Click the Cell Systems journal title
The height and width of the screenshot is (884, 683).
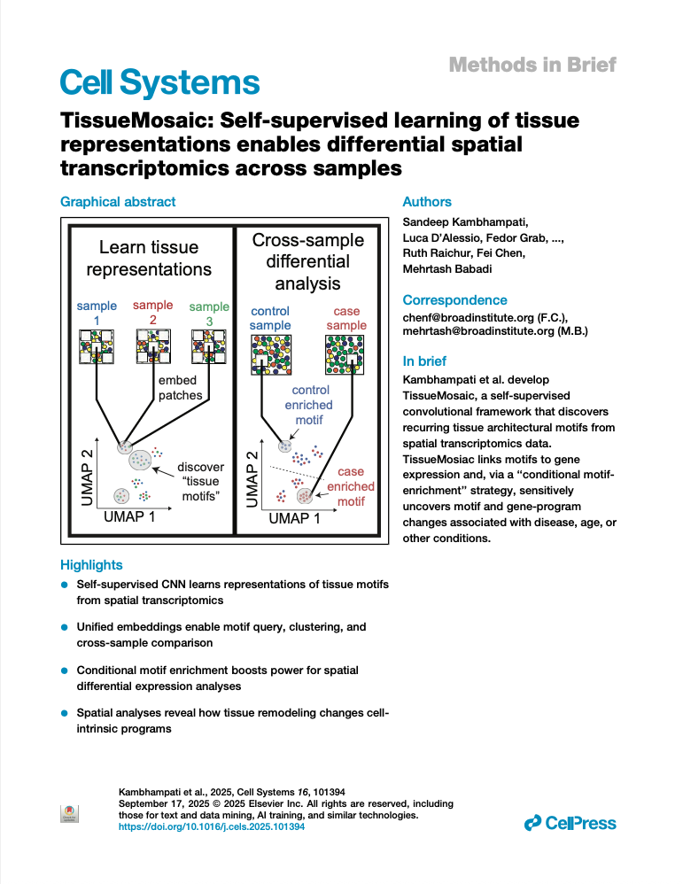pyautogui.click(x=159, y=82)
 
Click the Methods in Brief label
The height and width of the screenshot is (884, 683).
pyautogui.click(x=532, y=65)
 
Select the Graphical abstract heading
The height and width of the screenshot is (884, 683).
pyautogui.click(x=118, y=202)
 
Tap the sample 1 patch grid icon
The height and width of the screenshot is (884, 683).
pyautogui.click(x=96, y=345)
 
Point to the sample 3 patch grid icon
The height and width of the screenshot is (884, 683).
pyautogui.click(x=209, y=345)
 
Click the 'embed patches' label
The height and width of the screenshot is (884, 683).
pyautogui.click(x=180, y=388)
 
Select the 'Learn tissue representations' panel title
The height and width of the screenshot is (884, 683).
pyautogui.click(x=149, y=258)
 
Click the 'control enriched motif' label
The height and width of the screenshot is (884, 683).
pyautogui.click(x=310, y=404)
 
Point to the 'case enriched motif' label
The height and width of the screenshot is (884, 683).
pyautogui.click(x=351, y=486)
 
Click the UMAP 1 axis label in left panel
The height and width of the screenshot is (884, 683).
pyautogui.click(x=129, y=516)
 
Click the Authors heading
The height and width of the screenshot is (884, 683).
pyautogui.click(x=427, y=202)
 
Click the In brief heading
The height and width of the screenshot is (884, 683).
pyautogui.click(x=425, y=361)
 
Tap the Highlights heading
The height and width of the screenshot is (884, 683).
pyautogui.click(x=91, y=565)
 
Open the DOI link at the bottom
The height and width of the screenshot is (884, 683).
pyautogui.click(x=212, y=826)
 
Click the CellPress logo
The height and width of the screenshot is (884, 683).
pyautogui.click(x=570, y=824)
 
